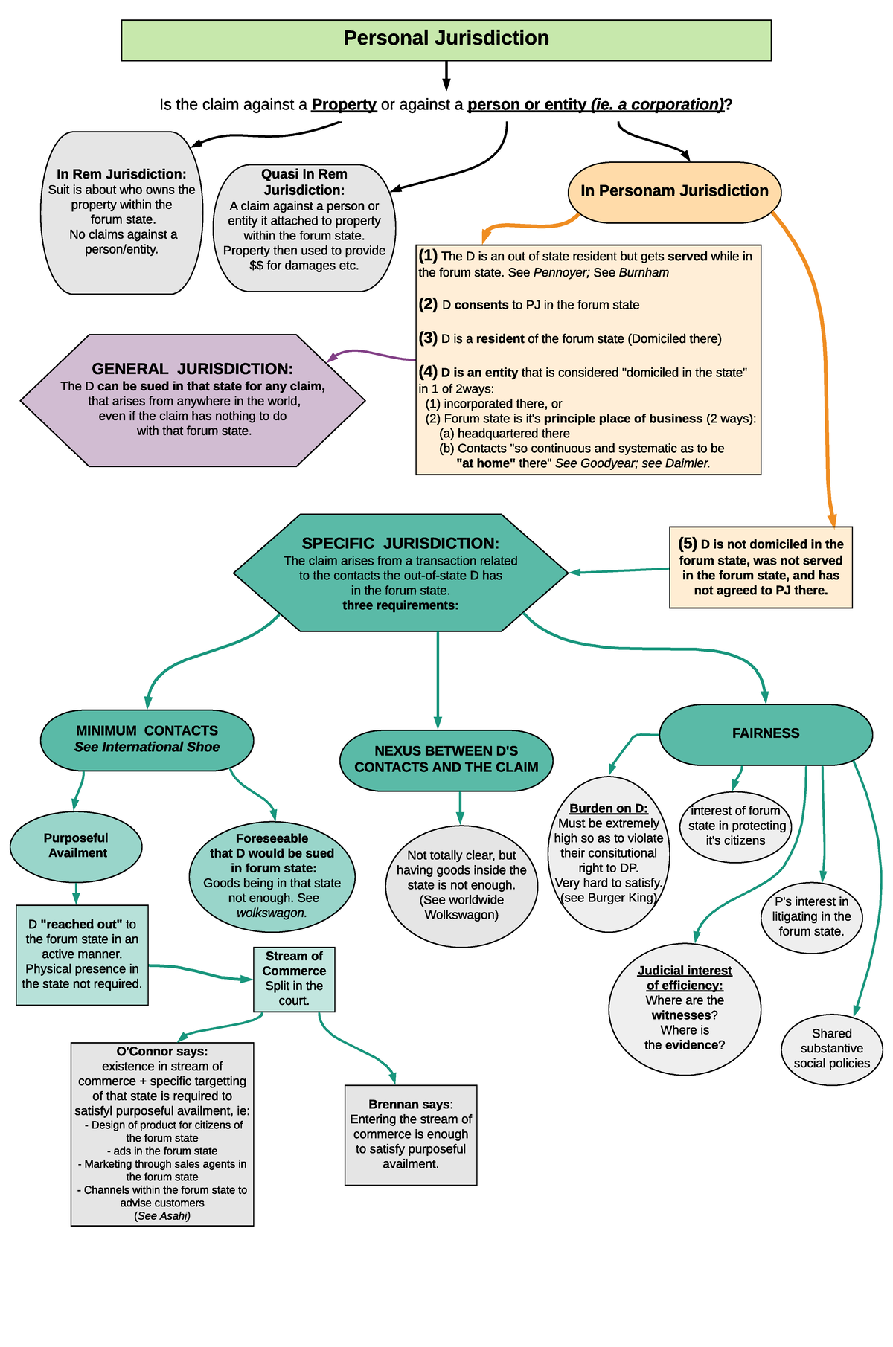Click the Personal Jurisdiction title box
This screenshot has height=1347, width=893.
446,40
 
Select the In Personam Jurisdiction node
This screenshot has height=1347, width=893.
674,191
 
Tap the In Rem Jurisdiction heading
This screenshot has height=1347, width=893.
121,174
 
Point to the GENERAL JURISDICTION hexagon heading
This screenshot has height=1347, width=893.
192,369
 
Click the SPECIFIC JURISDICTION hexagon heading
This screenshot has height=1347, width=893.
400,544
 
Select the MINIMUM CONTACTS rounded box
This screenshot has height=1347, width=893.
147,739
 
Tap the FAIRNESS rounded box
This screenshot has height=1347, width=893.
766,734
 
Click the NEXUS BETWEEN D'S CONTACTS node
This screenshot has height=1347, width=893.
446,759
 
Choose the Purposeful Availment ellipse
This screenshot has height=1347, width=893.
76,846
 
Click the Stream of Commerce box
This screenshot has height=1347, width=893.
294,978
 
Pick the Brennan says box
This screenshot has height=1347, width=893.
411,1134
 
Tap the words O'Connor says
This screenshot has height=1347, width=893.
161,1052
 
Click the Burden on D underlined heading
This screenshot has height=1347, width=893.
608,808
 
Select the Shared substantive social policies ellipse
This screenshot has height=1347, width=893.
832,1048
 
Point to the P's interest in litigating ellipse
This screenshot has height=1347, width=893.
811,916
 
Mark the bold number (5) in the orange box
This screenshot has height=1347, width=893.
688,544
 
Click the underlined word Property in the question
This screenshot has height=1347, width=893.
344,105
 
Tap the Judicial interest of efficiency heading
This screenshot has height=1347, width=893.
685,978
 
